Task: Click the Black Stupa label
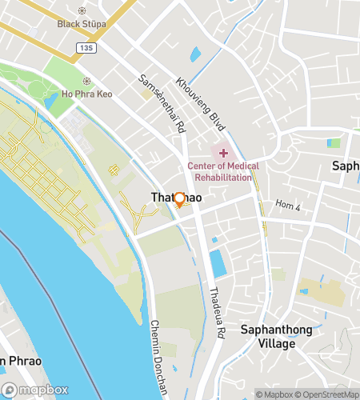pos(82,24)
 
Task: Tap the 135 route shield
pos(88,49)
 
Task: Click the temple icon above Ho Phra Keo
pos(86,81)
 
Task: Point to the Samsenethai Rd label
pos(162,103)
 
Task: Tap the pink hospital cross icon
pos(223,152)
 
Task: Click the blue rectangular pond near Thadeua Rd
pos(217,264)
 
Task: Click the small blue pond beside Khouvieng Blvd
pos(195,56)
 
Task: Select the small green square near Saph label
pos(334,143)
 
